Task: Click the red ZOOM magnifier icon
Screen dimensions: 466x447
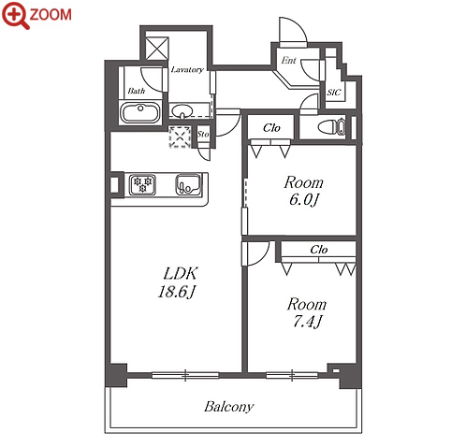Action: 16,14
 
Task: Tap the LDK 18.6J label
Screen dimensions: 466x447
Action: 178,282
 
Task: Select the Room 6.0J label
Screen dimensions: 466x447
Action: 303,191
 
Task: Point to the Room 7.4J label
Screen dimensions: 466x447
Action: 307,312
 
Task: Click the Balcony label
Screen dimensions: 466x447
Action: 229,407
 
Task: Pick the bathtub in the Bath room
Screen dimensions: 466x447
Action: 140,113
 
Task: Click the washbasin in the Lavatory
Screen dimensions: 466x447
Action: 182,110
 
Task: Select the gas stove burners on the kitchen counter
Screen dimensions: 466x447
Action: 142,184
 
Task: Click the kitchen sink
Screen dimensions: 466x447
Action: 188,184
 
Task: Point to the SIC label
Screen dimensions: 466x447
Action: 334,93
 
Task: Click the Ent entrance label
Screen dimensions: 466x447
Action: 288,60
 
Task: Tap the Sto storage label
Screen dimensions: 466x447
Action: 203,134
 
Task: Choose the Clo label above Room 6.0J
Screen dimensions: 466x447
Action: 271,127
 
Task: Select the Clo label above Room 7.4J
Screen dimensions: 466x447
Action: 319,250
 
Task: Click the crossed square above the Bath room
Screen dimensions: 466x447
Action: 157,49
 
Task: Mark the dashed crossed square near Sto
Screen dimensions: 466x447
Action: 180,137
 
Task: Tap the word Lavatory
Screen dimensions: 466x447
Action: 187,69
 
